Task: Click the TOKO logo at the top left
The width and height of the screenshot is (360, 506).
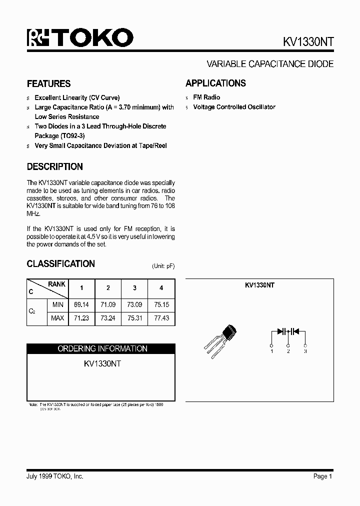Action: tap(79, 38)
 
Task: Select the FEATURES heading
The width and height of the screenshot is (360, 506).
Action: tap(48, 84)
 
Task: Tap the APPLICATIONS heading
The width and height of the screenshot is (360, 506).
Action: tap(215, 83)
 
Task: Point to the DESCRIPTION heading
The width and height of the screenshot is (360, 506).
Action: tap(54, 167)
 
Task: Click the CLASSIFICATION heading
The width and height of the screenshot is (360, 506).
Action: tap(60, 264)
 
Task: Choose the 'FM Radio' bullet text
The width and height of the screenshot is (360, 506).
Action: tap(206, 97)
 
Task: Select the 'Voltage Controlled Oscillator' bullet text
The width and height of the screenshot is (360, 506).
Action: tap(234, 107)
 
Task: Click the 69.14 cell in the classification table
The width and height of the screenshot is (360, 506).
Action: tap(81, 304)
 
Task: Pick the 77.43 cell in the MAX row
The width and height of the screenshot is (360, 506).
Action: tap(161, 318)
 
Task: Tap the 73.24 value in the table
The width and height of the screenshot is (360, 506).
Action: tap(107, 318)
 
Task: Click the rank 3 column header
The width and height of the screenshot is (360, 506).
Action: tap(134, 288)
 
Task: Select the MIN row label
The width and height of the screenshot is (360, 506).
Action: tap(57, 304)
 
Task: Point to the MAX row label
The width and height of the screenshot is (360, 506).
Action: tap(57, 318)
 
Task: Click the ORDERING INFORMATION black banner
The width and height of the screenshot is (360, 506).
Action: tap(101, 348)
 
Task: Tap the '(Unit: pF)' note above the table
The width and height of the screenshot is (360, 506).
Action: tap(163, 266)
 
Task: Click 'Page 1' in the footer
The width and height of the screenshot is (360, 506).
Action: tap(323, 476)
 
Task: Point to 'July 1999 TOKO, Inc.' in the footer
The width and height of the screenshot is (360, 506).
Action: tap(55, 476)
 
